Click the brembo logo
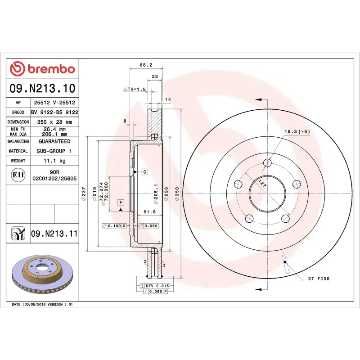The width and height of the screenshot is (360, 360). (42, 69)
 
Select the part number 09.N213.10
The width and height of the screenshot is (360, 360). (42, 88)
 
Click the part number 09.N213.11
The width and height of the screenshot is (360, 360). (54, 234)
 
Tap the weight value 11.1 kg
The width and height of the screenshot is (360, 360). (54, 161)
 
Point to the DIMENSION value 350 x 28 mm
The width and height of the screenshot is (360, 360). (54, 122)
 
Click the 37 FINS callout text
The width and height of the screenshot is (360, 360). (319, 279)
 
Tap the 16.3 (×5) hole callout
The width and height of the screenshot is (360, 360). (297, 131)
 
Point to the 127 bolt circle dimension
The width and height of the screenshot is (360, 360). (262, 184)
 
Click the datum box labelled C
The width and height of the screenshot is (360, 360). (145, 172)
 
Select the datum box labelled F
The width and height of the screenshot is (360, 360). (121, 202)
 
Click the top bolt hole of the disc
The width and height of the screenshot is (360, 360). (268, 163)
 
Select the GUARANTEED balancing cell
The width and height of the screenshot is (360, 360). (54, 141)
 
